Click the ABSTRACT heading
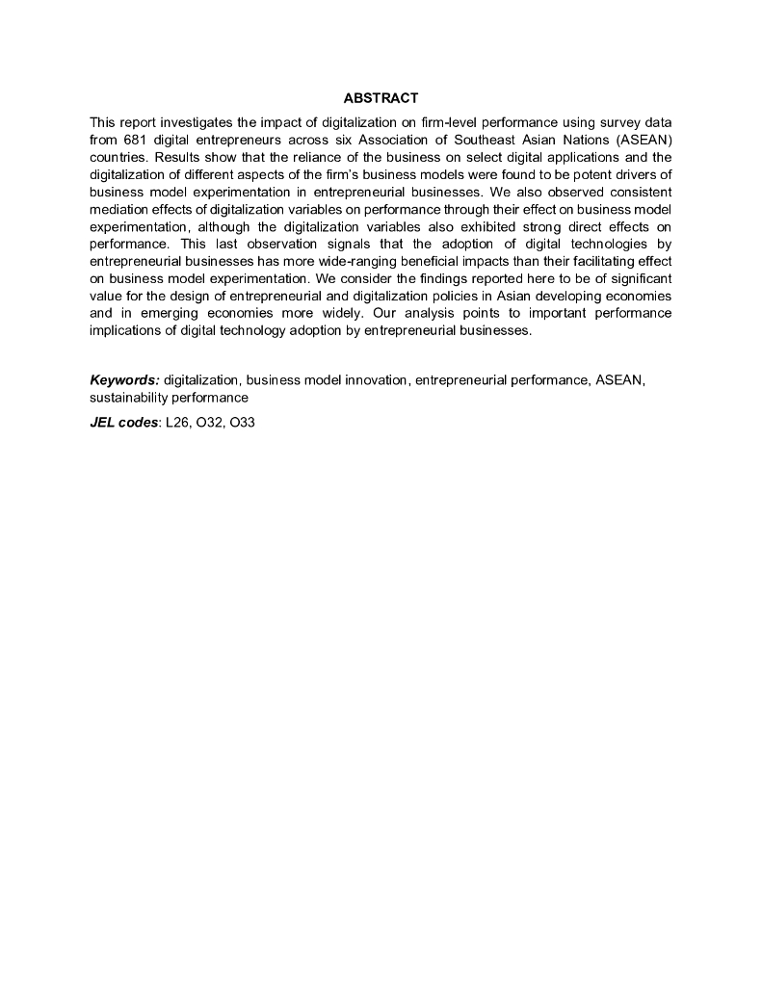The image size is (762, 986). tap(381, 98)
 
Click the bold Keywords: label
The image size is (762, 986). tap(124, 380)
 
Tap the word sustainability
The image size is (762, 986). tap(130, 397)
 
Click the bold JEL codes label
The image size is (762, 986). tap(123, 423)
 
